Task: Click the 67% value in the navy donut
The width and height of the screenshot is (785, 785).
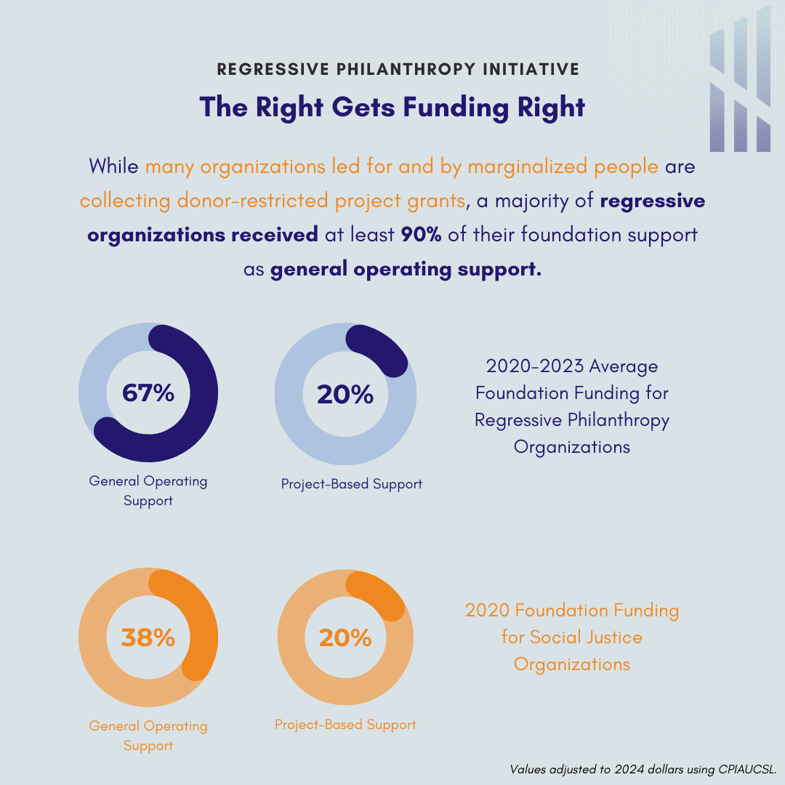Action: [x=148, y=393]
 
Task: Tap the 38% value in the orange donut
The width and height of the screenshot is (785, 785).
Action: [x=148, y=637]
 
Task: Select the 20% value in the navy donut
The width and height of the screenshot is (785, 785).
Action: [x=345, y=394]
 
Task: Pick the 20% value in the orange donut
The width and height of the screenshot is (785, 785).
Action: [x=345, y=637]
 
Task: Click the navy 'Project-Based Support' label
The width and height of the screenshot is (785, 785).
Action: [x=352, y=483]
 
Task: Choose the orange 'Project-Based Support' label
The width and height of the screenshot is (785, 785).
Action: [x=345, y=725]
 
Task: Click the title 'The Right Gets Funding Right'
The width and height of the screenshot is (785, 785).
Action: [x=392, y=107]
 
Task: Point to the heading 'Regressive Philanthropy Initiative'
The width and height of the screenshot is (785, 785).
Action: [x=398, y=69]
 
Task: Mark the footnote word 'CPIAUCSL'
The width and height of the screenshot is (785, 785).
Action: [x=748, y=768]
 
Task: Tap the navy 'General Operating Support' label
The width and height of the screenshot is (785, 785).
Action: [x=148, y=491]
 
